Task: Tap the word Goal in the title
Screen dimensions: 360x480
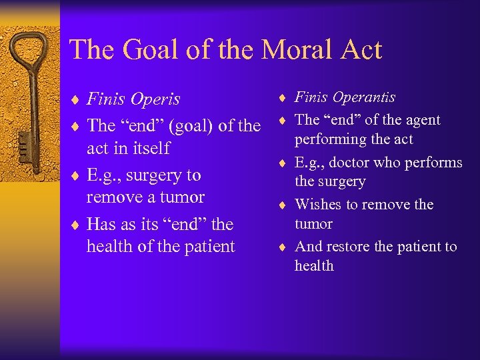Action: pyautogui.click(x=147, y=50)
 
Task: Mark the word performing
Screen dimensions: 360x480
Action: pyautogui.click(x=326, y=139)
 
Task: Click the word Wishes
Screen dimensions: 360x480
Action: pyautogui.click(x=317, y=204)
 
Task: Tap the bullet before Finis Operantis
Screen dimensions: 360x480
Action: pyautogui.click(x=283, y=98)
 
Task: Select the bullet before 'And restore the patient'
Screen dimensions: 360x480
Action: pyautogui.click(x=283, y=247)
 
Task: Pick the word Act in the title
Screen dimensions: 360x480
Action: pyautogui.click(x=358, y=50)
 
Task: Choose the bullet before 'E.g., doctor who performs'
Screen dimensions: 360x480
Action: pyautogui.click(x=283, y=163)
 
